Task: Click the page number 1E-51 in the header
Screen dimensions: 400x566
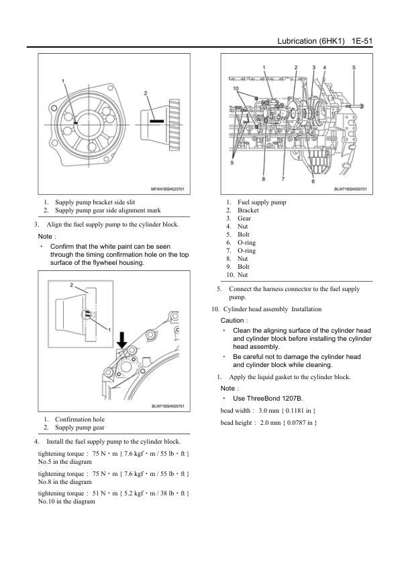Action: pos(362,41)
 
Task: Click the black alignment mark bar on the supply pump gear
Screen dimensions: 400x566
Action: pos(157,121)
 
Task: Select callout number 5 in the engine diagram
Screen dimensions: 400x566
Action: pos(354,67)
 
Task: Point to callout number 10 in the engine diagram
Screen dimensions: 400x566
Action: pos(236,88)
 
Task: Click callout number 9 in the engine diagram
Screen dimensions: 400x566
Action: pos(232,163)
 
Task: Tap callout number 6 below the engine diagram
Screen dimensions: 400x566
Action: pos(313,181)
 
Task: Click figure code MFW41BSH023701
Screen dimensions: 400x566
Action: pos(167,189)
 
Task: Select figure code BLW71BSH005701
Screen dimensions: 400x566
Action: pos(168,406)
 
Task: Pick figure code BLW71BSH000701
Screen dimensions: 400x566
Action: pos(350,189)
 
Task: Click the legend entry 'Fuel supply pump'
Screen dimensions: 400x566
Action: pos(262,202)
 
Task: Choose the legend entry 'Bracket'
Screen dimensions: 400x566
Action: pos(248,210)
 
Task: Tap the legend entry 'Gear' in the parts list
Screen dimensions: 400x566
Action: pos(244,218)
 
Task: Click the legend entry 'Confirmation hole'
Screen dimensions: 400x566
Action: pos(80,419)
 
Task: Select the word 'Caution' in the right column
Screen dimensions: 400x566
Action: pos(232,320)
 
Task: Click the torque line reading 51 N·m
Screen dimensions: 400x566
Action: pos(113,493)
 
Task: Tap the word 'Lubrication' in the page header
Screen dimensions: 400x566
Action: pos(297,41)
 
